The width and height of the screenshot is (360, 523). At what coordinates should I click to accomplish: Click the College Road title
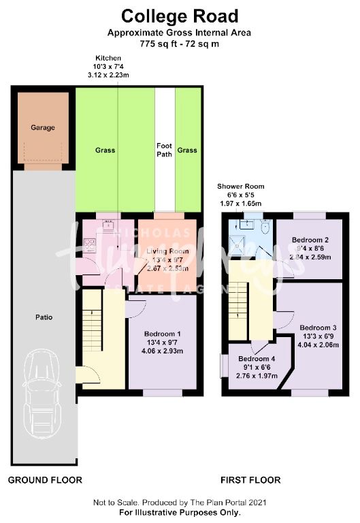(180, 16)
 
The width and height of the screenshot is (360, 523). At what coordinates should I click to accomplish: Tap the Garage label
(42, 127)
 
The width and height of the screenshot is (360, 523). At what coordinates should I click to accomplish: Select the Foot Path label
(164, 150)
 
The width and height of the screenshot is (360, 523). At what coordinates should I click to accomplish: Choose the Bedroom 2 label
(310, 240)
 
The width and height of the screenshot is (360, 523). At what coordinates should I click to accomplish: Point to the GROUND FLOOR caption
(45, 480)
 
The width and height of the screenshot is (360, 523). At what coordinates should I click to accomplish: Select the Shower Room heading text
(241, 186)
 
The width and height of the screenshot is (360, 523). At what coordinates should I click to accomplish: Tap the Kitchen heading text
(108, 58)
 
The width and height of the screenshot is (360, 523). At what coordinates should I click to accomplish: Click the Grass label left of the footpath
(105, 150)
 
